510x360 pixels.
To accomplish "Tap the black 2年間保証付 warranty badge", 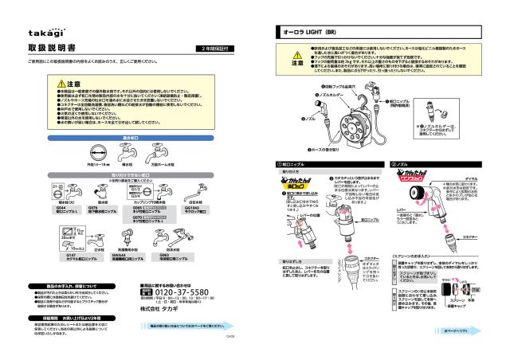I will [214, 49].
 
